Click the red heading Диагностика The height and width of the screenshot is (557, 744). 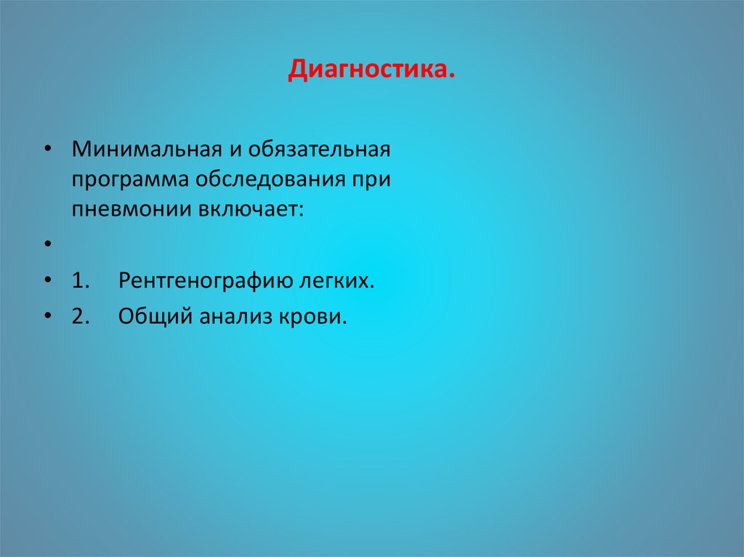[x=372, y=71]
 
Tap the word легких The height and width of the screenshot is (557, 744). [x=339, y=280]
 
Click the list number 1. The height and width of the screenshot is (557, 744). [x=79, y=280]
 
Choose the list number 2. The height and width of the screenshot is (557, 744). [x=79, y=317]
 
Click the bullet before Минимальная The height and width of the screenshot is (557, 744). [x=47, y=147]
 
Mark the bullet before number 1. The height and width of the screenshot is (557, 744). [x=47, y=280]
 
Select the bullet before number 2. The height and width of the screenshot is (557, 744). [x=47, y=316]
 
